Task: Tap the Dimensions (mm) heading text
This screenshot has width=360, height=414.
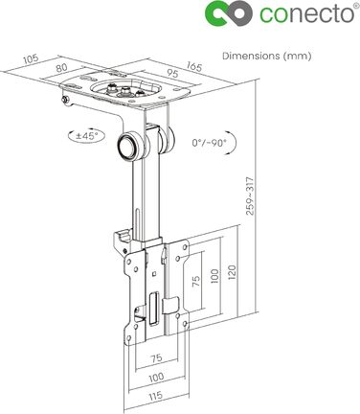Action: [266, 57]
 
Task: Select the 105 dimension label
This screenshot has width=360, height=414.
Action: [32, 59]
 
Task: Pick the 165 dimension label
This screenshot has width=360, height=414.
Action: [194, 66]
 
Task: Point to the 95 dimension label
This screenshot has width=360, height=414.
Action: [171, 74]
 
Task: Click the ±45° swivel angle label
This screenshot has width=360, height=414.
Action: [86, 136]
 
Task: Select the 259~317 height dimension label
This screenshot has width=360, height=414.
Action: [251, 195]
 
